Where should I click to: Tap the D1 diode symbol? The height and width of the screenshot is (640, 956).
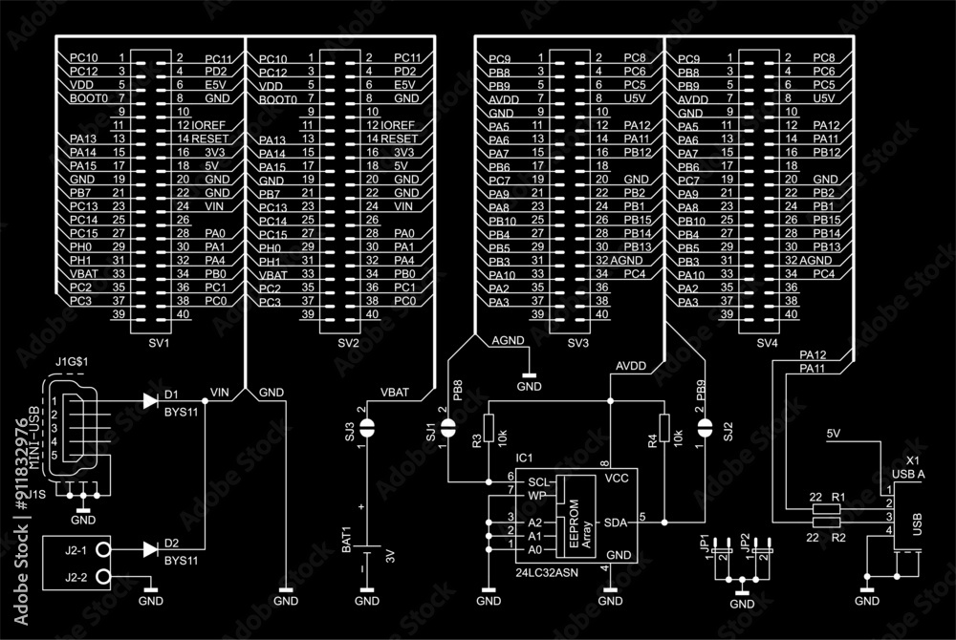pos(149,401)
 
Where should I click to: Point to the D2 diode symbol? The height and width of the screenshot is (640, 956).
pos(149,549)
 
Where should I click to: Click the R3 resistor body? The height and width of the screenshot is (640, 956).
pos(489,427)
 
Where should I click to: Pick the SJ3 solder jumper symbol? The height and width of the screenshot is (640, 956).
pos(366,429)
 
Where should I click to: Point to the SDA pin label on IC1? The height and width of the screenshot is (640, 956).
pos(616,523)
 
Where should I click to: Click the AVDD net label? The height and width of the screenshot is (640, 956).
pos(631,366)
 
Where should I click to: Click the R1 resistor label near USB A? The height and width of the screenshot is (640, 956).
pos(837,499)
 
